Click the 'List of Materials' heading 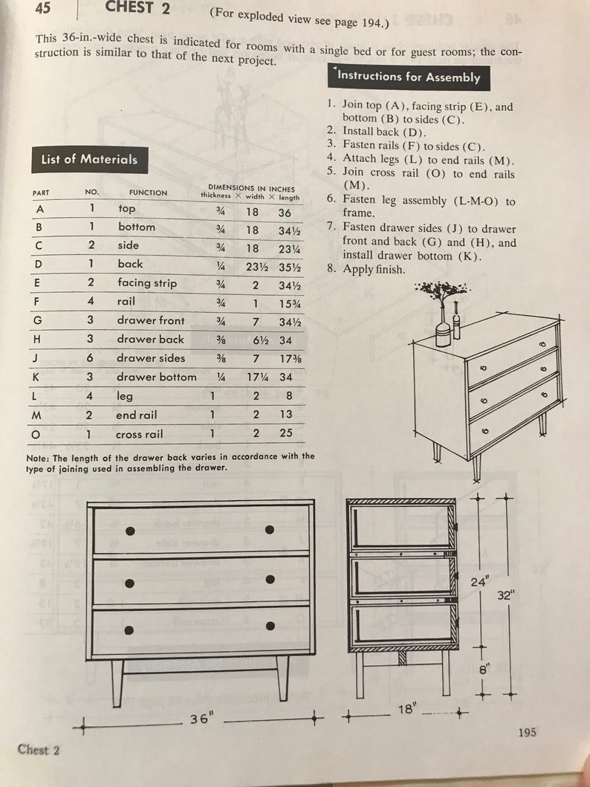89,159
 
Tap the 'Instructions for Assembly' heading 409,77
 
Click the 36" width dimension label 198,719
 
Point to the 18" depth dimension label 405,710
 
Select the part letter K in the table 36,377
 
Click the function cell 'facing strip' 146,282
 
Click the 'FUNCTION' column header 148,192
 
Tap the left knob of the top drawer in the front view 130,531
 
